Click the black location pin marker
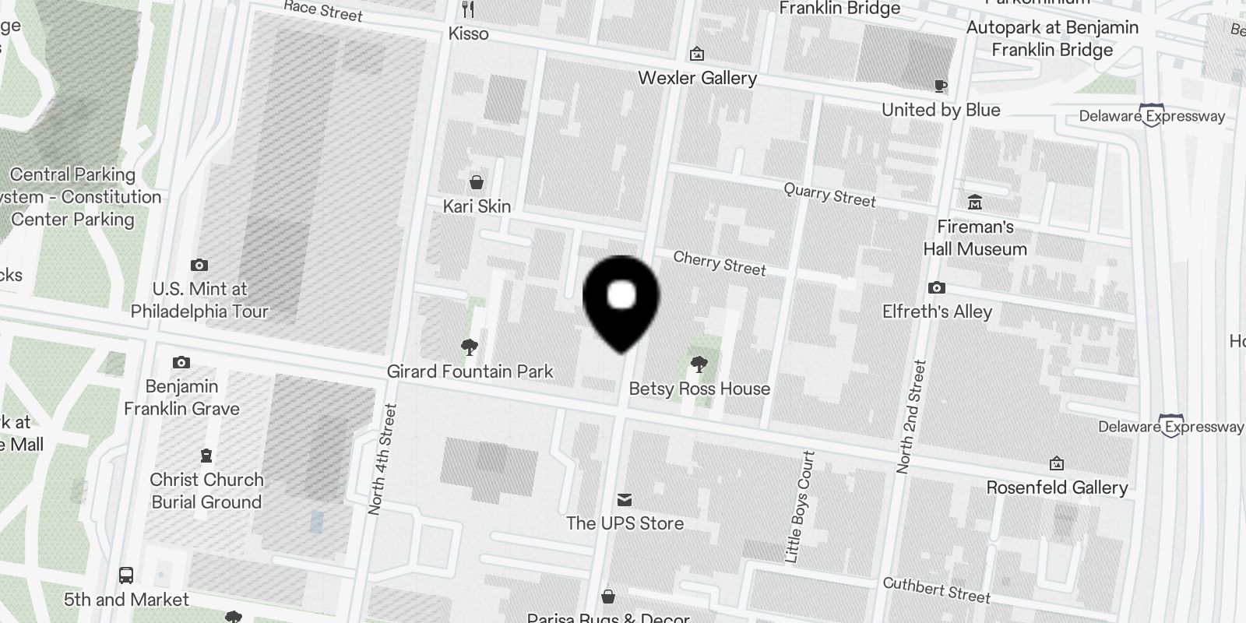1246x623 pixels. tap(621, 300)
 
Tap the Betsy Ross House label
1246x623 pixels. tap(699, 389)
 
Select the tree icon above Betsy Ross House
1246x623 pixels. tap(699, 363)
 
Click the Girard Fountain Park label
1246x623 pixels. tap(470, 371)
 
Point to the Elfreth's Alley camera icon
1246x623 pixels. tap(937, 288)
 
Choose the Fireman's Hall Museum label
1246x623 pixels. tap(975, 238)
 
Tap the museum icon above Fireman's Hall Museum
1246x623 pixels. tap(974, 203)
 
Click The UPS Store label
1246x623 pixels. tap(625, 523)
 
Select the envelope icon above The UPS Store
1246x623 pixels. tap(625, 499)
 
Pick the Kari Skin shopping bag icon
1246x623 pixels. tap(476, 182)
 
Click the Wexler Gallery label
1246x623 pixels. tap(697, 78)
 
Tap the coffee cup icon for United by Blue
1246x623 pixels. tap(941, 86)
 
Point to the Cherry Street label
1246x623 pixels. tap(720, 263)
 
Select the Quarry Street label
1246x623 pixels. tap(829, 195)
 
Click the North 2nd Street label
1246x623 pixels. tap(910, 417)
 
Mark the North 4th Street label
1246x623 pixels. tap(382, 459)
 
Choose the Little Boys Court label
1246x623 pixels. tap(800, 506)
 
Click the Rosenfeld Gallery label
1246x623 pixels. tap(1057, 487)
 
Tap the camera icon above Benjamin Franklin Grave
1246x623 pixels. tap(181, 362)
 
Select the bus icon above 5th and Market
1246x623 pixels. tap(126, 575)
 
